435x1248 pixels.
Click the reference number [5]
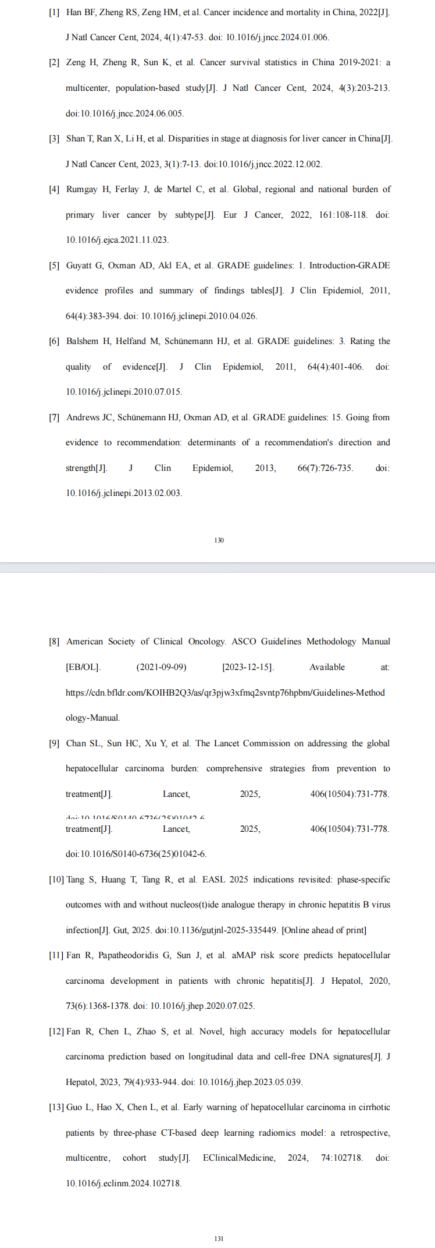point(54,265)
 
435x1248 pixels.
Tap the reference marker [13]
point(56,1107)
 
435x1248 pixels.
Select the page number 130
point(219,540)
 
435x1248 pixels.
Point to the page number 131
point(219,1239)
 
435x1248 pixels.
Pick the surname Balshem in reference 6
point(83,341)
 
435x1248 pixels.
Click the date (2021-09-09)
point(161,667)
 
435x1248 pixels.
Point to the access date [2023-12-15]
point(248,667)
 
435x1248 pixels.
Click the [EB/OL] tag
point(83,667)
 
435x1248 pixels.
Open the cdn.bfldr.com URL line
point(225,693)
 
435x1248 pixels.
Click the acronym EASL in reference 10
point(213,880)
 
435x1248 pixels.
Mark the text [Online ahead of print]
point(324,930)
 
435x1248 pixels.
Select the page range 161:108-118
point(343,215)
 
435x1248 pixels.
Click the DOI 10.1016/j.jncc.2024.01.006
point(277,37)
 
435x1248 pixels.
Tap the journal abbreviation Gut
point(120,930)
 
